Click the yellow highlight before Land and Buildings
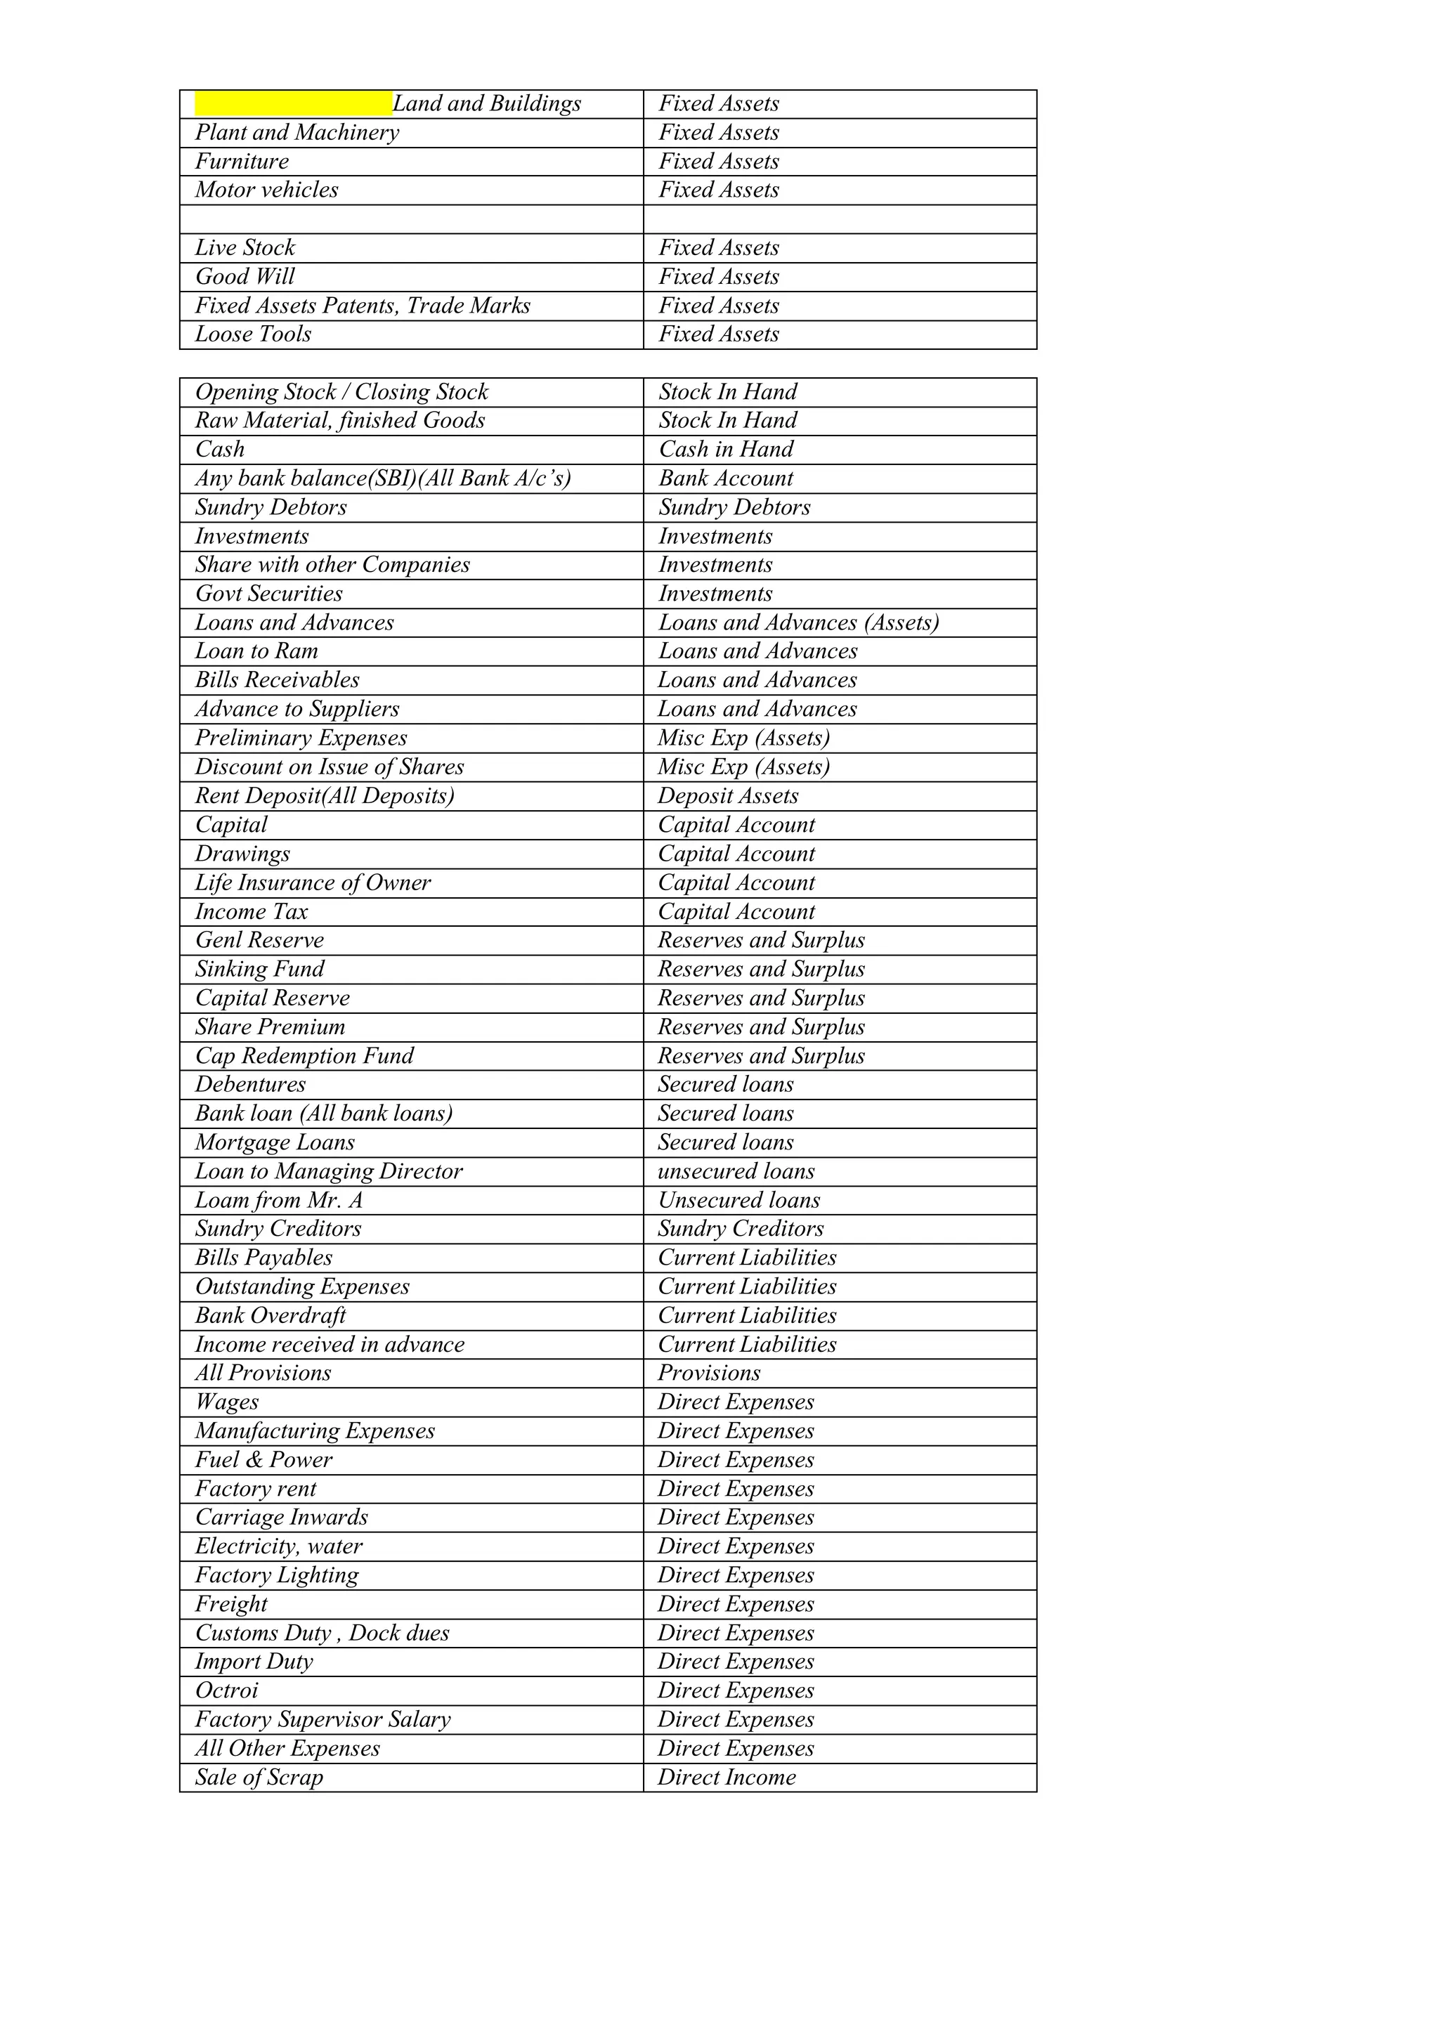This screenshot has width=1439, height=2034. pyautogui.click(x=293, y=104)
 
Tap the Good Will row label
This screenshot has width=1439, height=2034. pyautogui.click(x=245, y=276)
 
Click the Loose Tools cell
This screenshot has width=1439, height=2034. pyautogui.click(x=254, y=334)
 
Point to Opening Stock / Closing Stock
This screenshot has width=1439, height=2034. pyautogui.click(x=341, y=391)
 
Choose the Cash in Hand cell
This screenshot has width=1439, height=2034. pyautogui.click(x=726, y=449)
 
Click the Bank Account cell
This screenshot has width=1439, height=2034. pyautogui.click(x=726, y=478)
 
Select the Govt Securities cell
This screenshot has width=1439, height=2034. pyautogui.click(x=268, y=594)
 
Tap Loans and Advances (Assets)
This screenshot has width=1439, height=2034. pyautogui.click(x=797, y=622)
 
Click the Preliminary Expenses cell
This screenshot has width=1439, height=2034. pyautogui.click(x=301, y=738)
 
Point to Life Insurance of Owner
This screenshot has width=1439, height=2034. pyautogui.click(x=313, y=882)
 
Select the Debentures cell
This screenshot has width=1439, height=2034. pyautogui.click(x=250, y=1084)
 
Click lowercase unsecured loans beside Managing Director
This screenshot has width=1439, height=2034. pyautogui.click(x=736, y=1171)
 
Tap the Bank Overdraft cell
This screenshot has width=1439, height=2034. pyautogui.click(x=271, y=1315)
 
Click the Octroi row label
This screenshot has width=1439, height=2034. pyautogui.click(x=226, y=1690)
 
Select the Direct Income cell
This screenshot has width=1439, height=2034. pyautogui.click(x=727, y=1777)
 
